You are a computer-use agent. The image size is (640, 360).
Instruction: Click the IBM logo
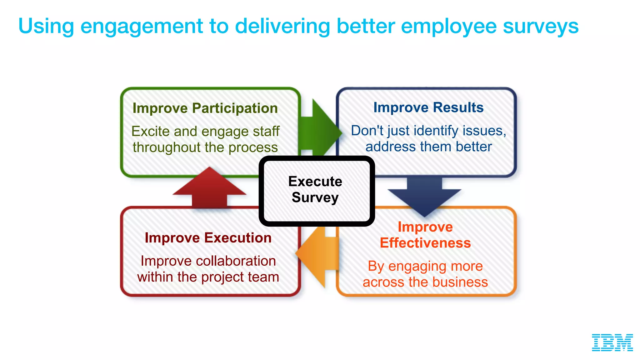click(x=612, y=342)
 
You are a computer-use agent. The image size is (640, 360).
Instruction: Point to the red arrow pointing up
click(x=209, y=189)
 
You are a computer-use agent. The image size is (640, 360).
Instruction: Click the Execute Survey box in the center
click(x=316, y=191)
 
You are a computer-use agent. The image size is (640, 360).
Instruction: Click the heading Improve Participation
click(x=205, y=108)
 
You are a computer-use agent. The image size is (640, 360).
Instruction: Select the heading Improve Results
click(x=428, y=107)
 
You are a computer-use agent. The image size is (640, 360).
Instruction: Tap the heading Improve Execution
click(x=208, y=238)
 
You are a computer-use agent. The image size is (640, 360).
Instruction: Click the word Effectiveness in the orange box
click(x=425, y=243)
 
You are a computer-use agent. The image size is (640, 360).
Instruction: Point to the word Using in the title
click(x=46, y=26)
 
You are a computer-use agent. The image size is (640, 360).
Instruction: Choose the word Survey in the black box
click(x=315, y=198)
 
